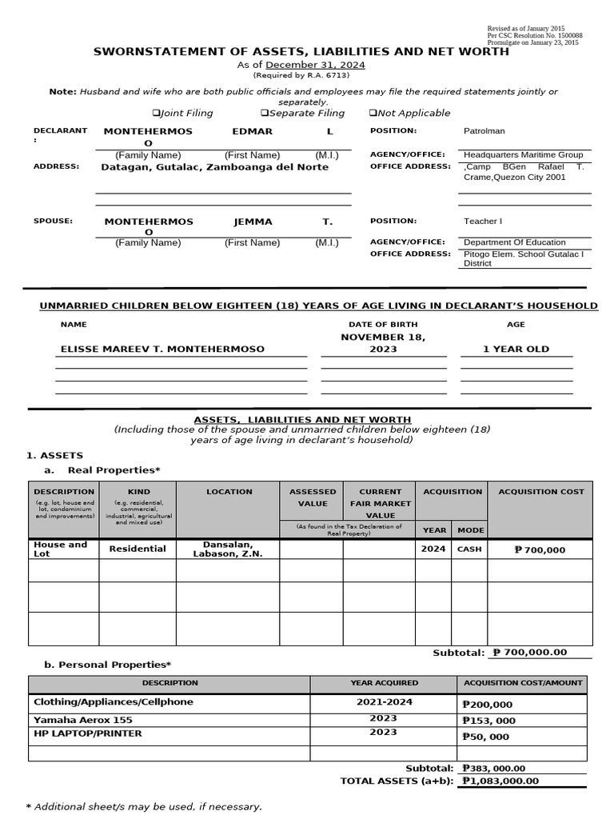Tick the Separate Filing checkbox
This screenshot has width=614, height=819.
(x=264, y=114)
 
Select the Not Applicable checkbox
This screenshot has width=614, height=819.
(x=373, y=114)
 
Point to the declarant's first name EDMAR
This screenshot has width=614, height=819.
(x=252, y=131)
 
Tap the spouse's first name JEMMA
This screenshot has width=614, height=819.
(x=252, y=222)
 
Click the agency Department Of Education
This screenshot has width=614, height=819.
(x=514, y=242)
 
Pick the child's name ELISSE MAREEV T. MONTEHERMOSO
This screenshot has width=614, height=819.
(x=162, y=350)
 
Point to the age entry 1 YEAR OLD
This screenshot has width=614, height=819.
(x=516, y=350)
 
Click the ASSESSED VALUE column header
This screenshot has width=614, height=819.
(x=312, y=497)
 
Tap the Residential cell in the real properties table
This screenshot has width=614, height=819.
(x=138, y=549)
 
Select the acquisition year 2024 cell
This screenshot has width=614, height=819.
(x=434, y=549)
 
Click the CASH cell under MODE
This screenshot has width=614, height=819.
(x=469, y=549)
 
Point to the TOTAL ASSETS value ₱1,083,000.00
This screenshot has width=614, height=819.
(x=500, y=781)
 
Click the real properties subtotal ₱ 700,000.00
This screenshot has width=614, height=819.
(x=530, y=653)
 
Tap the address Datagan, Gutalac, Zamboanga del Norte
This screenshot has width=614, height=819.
(x=214, y=168)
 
